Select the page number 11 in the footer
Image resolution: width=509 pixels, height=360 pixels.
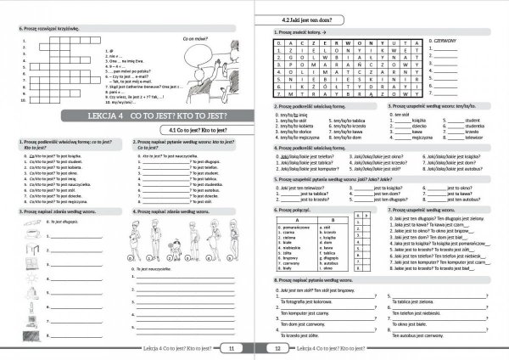click(x=232, y=347)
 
